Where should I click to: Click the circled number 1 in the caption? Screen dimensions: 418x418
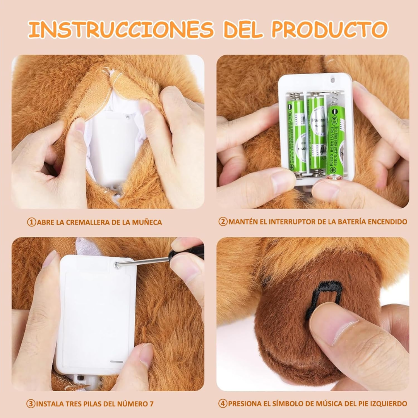click(31, 222)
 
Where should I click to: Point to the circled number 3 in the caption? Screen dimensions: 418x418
click(31, 404)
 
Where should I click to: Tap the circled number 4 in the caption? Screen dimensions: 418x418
click(223, 403)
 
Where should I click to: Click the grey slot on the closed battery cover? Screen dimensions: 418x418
click(116, 361)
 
